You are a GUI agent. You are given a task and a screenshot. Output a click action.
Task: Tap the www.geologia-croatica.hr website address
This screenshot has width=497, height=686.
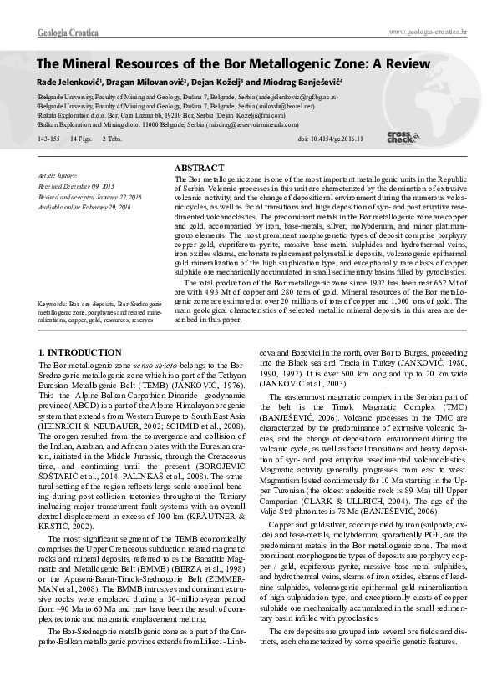pyautogui.click(x=429, y=32)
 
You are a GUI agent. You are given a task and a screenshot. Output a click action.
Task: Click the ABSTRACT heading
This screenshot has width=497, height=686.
pyautogui.click(x=198, y=168)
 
